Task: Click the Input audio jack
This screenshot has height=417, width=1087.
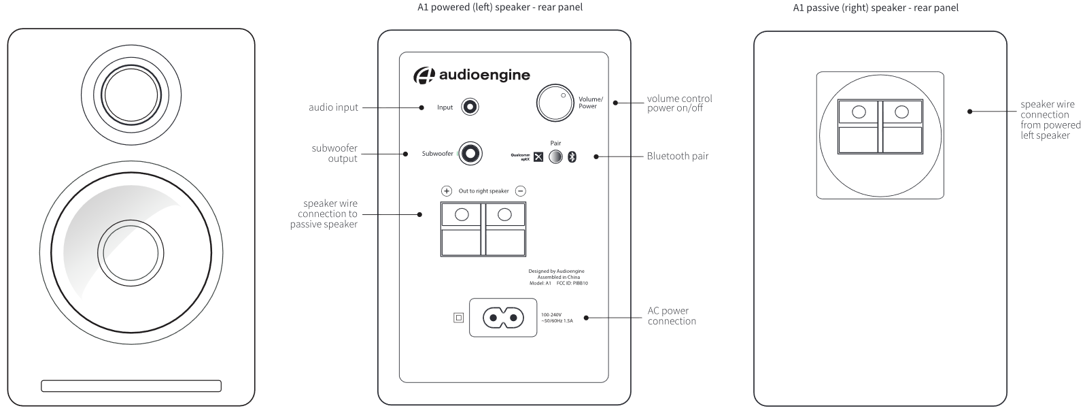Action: (x=470, y=107)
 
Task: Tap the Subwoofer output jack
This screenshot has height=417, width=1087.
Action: (x=470, y=154)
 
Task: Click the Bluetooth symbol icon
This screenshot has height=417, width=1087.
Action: (x=572, y=157)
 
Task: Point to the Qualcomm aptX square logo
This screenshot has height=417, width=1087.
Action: (x=538, y=157)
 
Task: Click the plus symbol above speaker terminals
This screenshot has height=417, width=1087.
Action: (x=447, y=191)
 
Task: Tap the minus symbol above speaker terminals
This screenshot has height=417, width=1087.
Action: (x=520, y=191)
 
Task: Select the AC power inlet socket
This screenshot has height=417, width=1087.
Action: (x=503, y=317)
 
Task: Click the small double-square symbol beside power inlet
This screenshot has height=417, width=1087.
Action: (x=458, y=317)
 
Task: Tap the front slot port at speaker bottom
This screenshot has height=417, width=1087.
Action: (x=131, y=386)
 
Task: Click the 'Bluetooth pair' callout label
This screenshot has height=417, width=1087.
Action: (x=677, y=156)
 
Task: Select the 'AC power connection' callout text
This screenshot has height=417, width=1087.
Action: (x=672, y=316)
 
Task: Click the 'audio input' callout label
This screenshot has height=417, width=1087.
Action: (x=333, y=107)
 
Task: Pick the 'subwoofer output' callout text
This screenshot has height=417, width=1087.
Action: (x=334, y=153)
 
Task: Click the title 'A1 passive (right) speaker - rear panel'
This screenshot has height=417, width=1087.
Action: (x=876, y=8)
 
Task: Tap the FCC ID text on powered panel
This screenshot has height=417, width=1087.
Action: (x=572, y=283)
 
